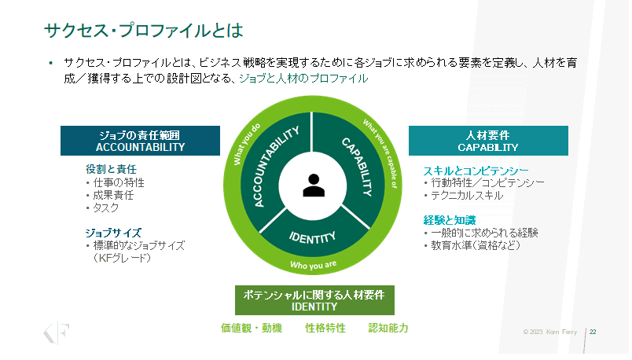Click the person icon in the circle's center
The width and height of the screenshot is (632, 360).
tap(313, 186)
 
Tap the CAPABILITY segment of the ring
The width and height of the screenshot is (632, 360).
tap(355, 167)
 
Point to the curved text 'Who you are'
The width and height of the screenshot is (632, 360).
tap(313, 266)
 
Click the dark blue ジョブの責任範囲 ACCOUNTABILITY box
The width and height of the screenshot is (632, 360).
tap(140, 140)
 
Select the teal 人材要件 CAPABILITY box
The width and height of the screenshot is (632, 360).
tap(487, 140)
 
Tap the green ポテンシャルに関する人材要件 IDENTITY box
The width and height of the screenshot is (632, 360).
tap(314, 300)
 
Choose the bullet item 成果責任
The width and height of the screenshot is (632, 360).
tap(114, 194)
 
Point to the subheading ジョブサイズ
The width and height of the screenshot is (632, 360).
tap(113, 233)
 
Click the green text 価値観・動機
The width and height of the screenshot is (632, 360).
tap(251, 328)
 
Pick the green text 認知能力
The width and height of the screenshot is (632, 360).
tap(388, 328)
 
